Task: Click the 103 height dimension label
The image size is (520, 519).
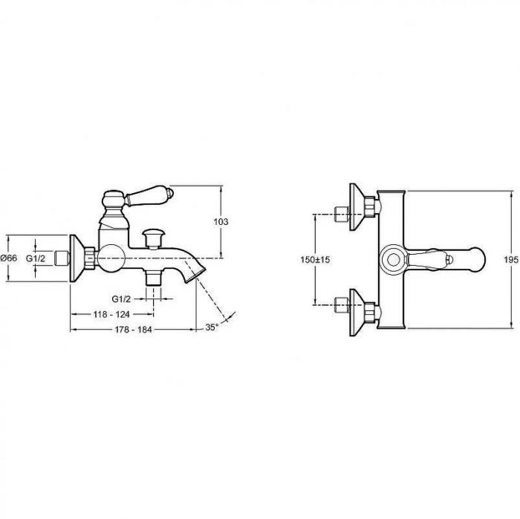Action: [221, 222]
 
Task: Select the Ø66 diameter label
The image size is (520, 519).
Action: [9, 258]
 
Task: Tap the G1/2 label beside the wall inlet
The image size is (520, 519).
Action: [36, 258]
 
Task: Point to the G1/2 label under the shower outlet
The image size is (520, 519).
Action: [121, 299]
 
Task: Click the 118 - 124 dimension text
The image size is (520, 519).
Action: [111, 314]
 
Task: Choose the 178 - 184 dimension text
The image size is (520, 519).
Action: [133, 330]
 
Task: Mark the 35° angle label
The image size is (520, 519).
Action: [212, 327]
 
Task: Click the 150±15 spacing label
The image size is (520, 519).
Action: [316, 260]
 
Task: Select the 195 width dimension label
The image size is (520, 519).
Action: [511, 260]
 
